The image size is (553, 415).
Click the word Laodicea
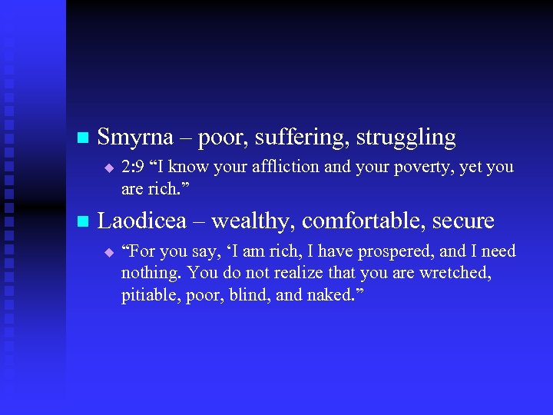pyautogui.click(x=143, y=221)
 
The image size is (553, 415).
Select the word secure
pyautogui.click(x=463, y=221)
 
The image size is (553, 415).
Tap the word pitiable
pyautogui.click(x=147, y=296)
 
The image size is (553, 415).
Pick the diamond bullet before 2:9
pyautogui.click(x=108, y=168)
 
